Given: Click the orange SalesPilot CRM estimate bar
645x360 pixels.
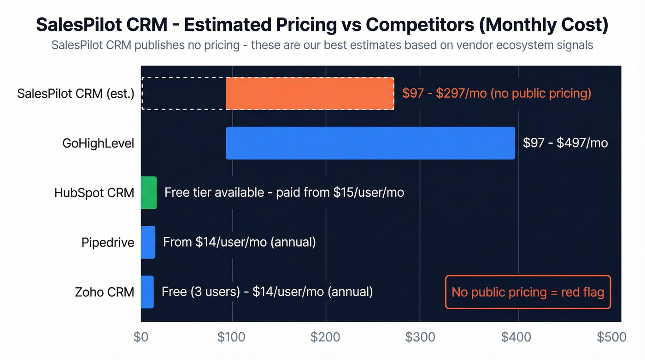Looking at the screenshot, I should point(310,94).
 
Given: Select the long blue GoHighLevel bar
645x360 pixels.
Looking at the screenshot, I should point(370,143).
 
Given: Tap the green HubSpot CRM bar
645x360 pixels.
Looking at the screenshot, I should point(149,193).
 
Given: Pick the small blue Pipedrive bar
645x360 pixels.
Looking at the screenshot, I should point(148,242).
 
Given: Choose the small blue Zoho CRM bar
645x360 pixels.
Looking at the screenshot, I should point(147,292).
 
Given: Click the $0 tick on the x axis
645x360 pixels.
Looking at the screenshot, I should point(141,337).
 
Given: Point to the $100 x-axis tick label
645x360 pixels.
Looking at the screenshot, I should point(232,337).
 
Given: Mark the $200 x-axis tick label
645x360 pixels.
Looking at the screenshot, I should point(326,337).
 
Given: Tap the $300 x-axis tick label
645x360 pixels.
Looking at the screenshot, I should point(420,337).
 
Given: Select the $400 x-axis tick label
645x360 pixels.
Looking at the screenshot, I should point(516,337).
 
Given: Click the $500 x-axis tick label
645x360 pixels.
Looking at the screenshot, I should point(611,337).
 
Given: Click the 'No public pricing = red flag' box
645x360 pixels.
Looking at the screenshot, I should point(528,292).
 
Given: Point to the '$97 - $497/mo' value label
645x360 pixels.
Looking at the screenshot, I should point(565,143).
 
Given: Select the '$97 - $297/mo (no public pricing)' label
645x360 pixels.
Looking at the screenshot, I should point(496,94).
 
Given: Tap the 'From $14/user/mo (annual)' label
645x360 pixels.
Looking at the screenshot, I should point(240,242).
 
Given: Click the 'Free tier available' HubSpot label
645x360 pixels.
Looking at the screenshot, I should point(284,193).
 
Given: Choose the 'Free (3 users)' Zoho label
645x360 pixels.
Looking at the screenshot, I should point(267,292).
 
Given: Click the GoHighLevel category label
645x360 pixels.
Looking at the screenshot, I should point(98,143).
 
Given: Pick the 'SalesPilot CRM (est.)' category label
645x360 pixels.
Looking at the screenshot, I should point(76,94).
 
